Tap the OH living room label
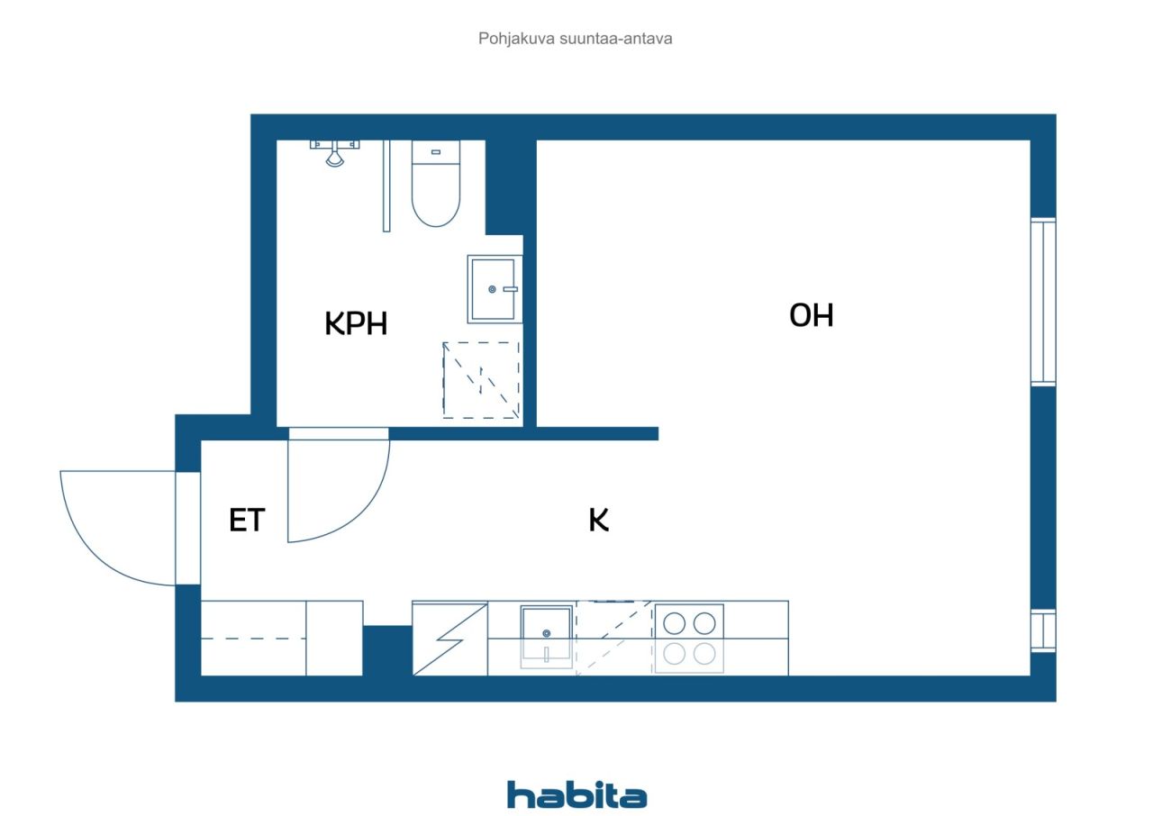click(x=811, y=315)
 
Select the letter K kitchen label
click(x=599, y=520)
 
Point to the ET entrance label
click(x=246, y=521)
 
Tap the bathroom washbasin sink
click(x=494, y=288)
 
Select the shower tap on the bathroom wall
click(x=334, y=153)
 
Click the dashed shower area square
click(x=482, y=380)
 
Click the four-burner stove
click(x=689, y=638)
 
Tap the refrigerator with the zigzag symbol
click(x=449, y=638)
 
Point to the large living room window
click(x=1042, y=302)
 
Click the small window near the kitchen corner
click(x=1042, y=630)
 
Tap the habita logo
click(x=576, y=794)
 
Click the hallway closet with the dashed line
click(x=253, y=638)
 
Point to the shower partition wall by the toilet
click(x=386, y=186)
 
